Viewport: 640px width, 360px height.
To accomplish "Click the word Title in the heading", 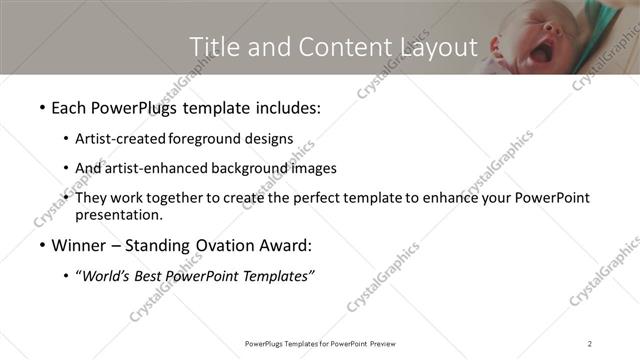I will pyautogui.click(x=213, y=46).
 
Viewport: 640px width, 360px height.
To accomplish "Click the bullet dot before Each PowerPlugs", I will pyautogui.click(x=41, y=107).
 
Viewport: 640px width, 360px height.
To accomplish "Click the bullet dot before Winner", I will pyautogui.click(x=41, y=245).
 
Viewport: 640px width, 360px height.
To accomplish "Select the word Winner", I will pyautogui.click(x=80, y=245).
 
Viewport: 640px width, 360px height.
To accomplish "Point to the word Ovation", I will pyautogui.click(x=237, y=245).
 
